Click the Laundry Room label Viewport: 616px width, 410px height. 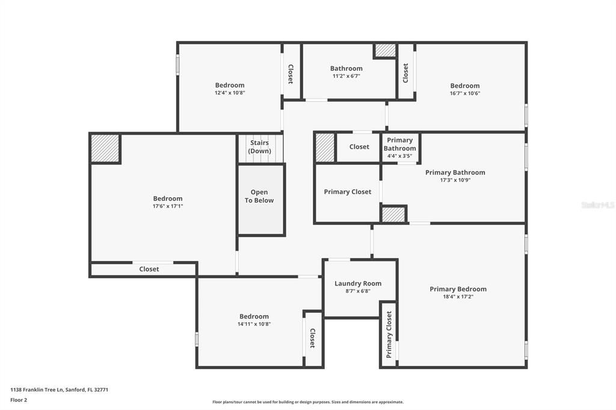click(x=358, y=284)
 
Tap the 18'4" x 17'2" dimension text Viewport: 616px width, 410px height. click(x=458, y=297)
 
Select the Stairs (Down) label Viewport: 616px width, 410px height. click(x=259, y=147)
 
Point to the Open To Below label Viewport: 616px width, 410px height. click(x=259, y=196)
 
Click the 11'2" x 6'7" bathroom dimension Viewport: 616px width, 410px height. click(x=346, y=76)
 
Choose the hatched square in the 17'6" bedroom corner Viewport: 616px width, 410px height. click(x=105, y=148)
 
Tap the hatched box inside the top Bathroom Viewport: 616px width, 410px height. click(x=384, y=50)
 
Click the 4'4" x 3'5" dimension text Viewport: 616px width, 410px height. click(x=399, y=156)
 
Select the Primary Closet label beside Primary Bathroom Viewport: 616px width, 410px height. click(x=347, y=192)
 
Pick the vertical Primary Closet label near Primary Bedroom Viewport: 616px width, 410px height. click(x=389, y=335)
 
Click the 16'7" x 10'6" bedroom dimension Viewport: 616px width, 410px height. click(x=465, y=93)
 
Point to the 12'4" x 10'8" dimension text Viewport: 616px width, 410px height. click(x=230, y=93)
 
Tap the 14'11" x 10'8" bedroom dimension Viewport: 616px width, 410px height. click(x=254, y=325)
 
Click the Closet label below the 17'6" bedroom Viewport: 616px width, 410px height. click(x=149, y=269)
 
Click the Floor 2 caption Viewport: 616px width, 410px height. click(x=19, y=400)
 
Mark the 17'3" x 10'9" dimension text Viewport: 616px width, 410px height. click(x=455, y=180)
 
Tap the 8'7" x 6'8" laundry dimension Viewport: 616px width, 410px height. click(x=358, y=292)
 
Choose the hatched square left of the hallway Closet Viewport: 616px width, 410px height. click(x=325, y=147)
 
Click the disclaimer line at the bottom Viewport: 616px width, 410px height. click(x=308, y=402)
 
